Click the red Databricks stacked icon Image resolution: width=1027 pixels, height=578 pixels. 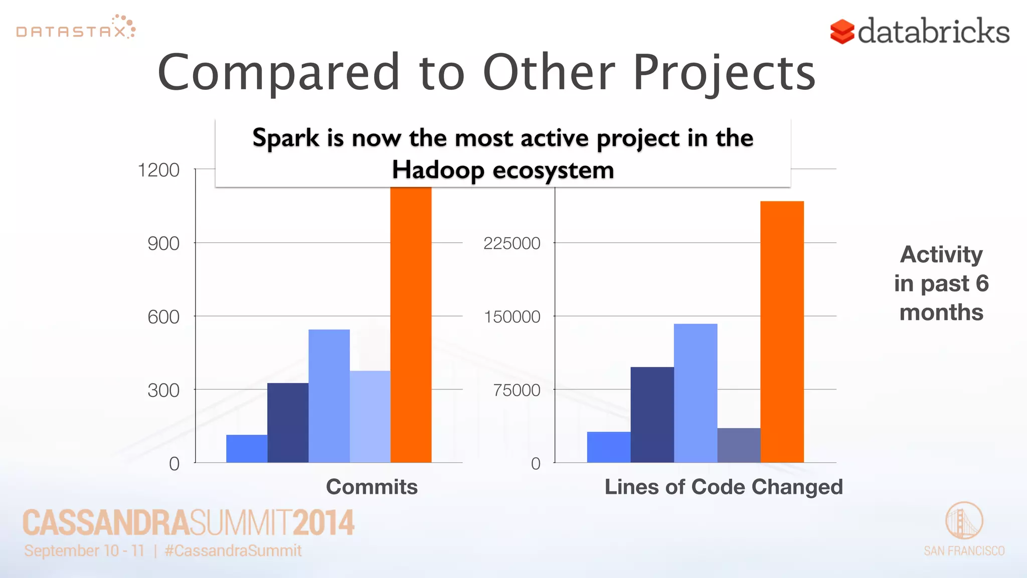842,32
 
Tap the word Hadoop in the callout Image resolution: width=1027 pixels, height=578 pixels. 438,170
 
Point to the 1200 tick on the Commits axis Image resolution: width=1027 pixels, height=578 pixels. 158,170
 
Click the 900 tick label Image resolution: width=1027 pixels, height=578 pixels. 163,243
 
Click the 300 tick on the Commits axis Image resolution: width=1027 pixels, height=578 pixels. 163,390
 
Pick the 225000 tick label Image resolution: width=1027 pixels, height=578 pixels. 511,243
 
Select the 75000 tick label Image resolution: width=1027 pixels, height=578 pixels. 517,390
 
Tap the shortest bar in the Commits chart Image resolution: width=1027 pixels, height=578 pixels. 247,449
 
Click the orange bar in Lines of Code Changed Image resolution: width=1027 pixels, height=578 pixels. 782,331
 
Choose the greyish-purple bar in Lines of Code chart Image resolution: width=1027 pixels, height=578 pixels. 739,445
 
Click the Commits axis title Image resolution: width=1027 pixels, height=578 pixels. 372,487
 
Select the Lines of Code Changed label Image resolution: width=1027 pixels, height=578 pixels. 723,487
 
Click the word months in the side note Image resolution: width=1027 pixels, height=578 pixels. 941,312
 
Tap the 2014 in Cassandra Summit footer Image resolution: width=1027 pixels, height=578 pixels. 323,523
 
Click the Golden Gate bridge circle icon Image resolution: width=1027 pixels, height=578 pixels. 964,520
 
